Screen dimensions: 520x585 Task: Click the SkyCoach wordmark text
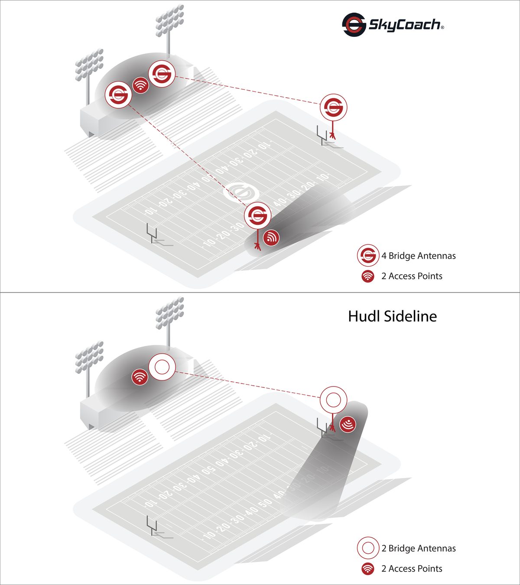point(406,25)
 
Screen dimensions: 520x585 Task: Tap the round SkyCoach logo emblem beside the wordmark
point(354,25)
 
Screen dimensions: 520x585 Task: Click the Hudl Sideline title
point(392,316)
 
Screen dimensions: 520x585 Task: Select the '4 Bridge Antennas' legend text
point(418,256)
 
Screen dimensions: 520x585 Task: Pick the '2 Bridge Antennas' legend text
point(418,548)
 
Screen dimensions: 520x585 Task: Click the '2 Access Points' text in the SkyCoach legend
point(412,276)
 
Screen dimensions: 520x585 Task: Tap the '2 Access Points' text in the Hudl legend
point(412,569)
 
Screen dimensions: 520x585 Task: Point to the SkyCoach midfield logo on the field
point(241,192)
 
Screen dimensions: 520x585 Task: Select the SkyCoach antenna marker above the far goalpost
point(334,107)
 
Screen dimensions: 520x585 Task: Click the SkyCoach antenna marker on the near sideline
point(257,215)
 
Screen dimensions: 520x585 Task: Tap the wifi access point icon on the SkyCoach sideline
point(271,237)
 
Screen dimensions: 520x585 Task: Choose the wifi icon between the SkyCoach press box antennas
point(140,85)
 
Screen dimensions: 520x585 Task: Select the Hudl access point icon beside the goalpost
point(348,424)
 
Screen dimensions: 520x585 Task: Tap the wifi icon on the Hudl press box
point(140,377)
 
